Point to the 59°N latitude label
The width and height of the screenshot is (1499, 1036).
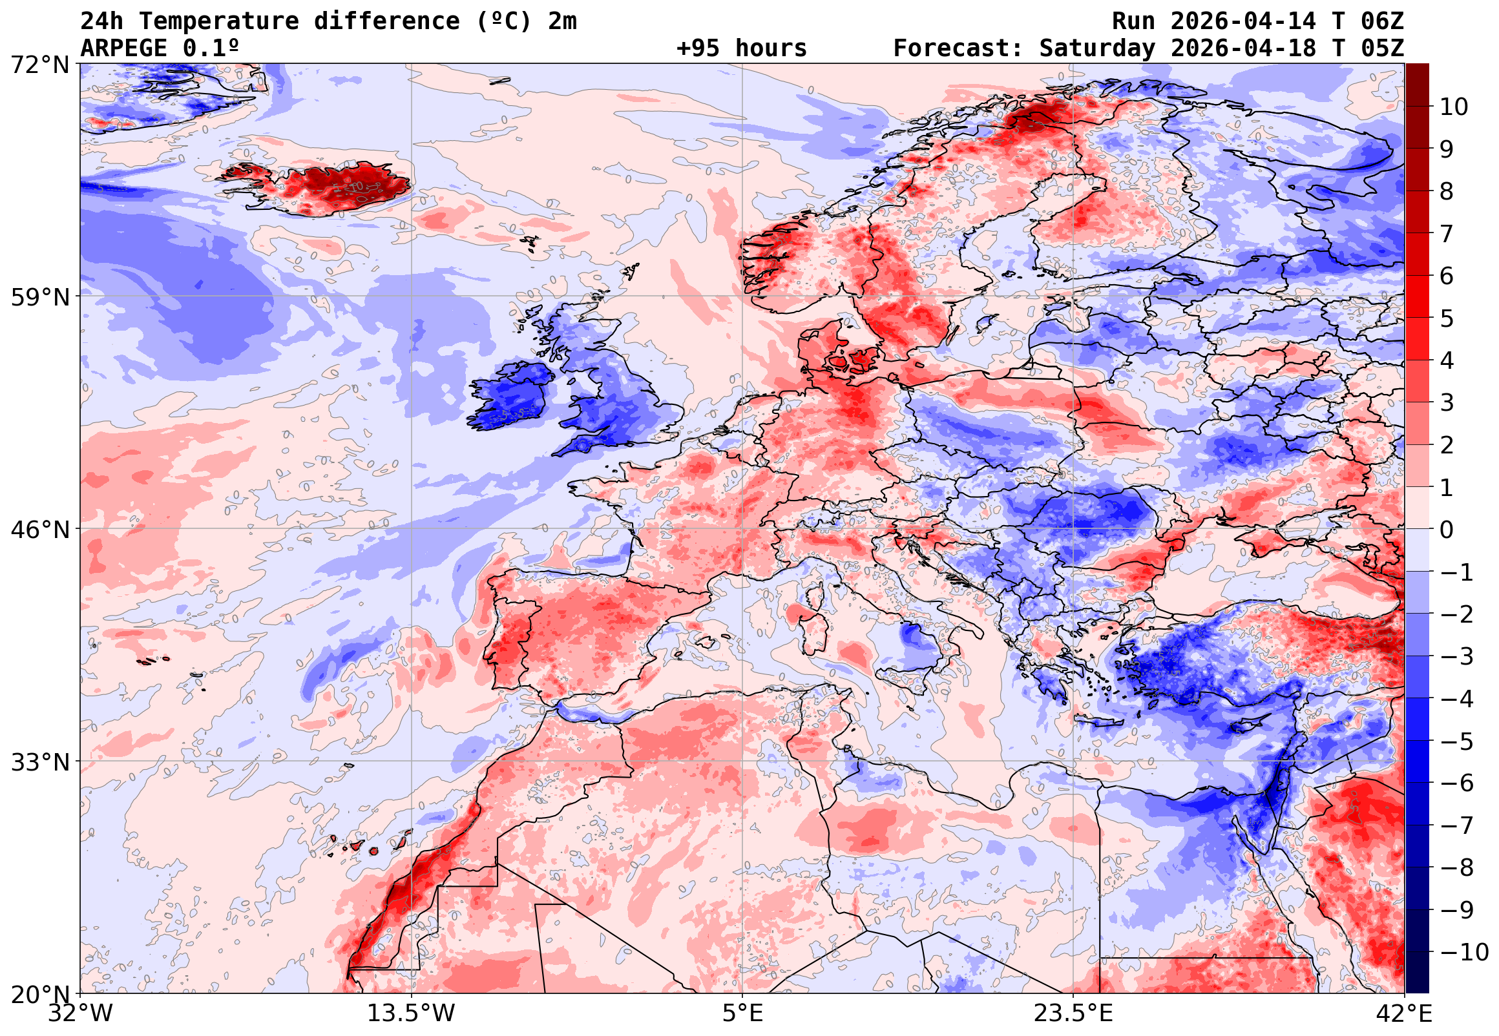coord(39,297)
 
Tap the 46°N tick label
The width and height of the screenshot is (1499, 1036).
coord(39,530)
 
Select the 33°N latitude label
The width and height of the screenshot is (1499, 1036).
coord(39,761)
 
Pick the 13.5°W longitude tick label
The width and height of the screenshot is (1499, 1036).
coord(412,1013)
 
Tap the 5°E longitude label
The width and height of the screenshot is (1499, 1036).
coord(742,1013)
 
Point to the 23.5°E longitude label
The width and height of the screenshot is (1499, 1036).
coord(1073,1013)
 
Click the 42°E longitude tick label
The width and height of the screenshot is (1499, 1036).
coord(1405,1013)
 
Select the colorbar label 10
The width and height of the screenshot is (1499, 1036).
coord(1454,107)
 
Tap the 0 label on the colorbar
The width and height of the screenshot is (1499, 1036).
coord(1447,530)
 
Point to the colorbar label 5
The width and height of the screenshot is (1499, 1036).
coord(1447,318)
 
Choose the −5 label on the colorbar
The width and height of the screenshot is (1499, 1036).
coord(1457,741)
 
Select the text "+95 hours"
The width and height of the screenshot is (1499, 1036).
coord(741,48)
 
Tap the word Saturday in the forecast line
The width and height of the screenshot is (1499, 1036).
coord(1097,48)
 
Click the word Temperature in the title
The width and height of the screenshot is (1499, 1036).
coord(218,21)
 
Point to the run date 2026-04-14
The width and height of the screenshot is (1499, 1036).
coord(1243,21)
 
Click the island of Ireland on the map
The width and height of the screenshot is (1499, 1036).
coord(510,397)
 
